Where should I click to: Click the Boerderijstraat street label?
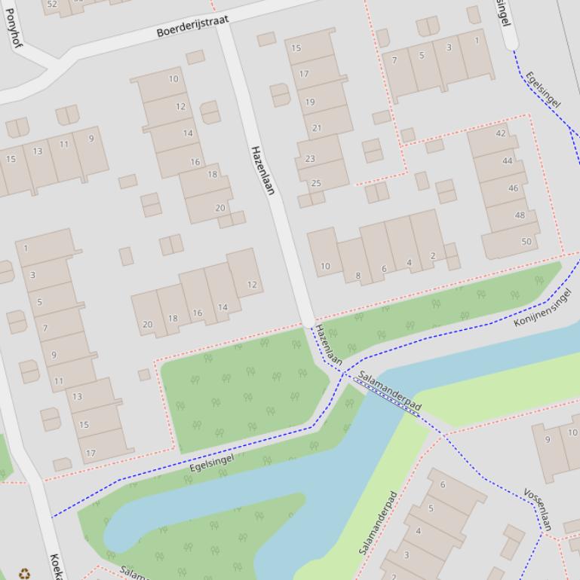pyautogui.click(x=192, y=26)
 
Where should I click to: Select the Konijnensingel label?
pyautogui.click(x=542, y=308)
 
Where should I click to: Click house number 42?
pyautogui.click(x=501, y=133)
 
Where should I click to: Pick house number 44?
pyautogui.click(x=507, y=160)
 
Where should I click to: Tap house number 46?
pyautogui.click(x=513, y=188)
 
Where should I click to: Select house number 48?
pyautogui.click(x=520, y=215)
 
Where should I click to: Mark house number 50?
pyautogui.click(x=526, y=242)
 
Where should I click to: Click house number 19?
pyautogui.click(x=310, y=102)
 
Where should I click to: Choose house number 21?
pyautogui.click(x=316, y=128)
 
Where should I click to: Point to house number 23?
pyautogui.click(x=310, y=159)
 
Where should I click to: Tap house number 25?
pyautogui.click(x=316, y=183)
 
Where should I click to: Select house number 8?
pyautogui.click(x=358, y=276)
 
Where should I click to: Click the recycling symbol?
pyautogui.click(x=25, y=573)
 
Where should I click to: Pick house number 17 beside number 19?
pyautogui.click(x=304, y=74)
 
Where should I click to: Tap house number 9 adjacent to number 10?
pyautogui.click(x=548, y=440)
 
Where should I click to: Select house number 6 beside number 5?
pyautogui.click(x=443, y=484)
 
